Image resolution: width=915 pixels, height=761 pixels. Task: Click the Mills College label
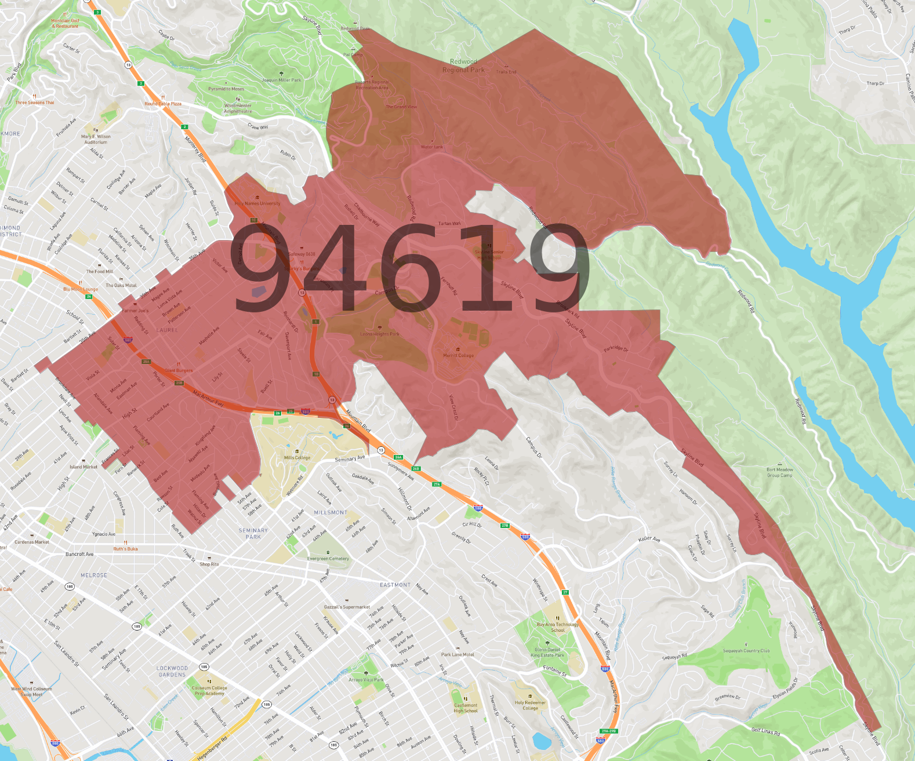(x=297, y=457)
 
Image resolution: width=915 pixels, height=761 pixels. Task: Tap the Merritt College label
(x=458, y=355)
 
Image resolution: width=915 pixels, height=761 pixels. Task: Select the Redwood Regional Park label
(x=463, y=65)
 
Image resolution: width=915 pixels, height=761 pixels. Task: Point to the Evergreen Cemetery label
(x=328, y=559)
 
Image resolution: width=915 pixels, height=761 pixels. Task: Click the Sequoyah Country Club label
(x=746, y=650)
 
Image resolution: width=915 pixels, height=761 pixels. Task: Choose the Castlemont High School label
(x=466, y=708)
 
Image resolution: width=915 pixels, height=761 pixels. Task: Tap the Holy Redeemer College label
(x=530, y=705)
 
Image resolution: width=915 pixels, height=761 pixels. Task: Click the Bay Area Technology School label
(x=558, y=627)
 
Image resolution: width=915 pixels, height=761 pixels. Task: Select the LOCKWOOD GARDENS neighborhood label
(x=172, y=671)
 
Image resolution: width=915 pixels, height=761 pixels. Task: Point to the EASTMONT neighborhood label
(x=395, y=585)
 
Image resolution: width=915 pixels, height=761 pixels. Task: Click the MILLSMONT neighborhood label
(x=331, y=512)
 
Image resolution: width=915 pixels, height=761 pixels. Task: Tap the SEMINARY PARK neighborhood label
(x=253, y=533)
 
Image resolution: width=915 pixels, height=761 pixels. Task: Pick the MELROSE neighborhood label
(x=94, y=575)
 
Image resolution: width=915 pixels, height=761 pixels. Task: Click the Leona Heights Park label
(x=380, y=334)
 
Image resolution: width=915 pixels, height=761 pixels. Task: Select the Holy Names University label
(x=257, y=203)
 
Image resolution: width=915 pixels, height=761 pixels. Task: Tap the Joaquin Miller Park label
(x=282, y=80)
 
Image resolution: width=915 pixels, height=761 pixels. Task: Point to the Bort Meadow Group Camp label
(x=779, y=472)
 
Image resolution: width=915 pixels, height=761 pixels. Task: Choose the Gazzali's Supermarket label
(x=347, y=607)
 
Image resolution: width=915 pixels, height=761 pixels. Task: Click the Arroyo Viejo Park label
(x=366, y=679)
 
